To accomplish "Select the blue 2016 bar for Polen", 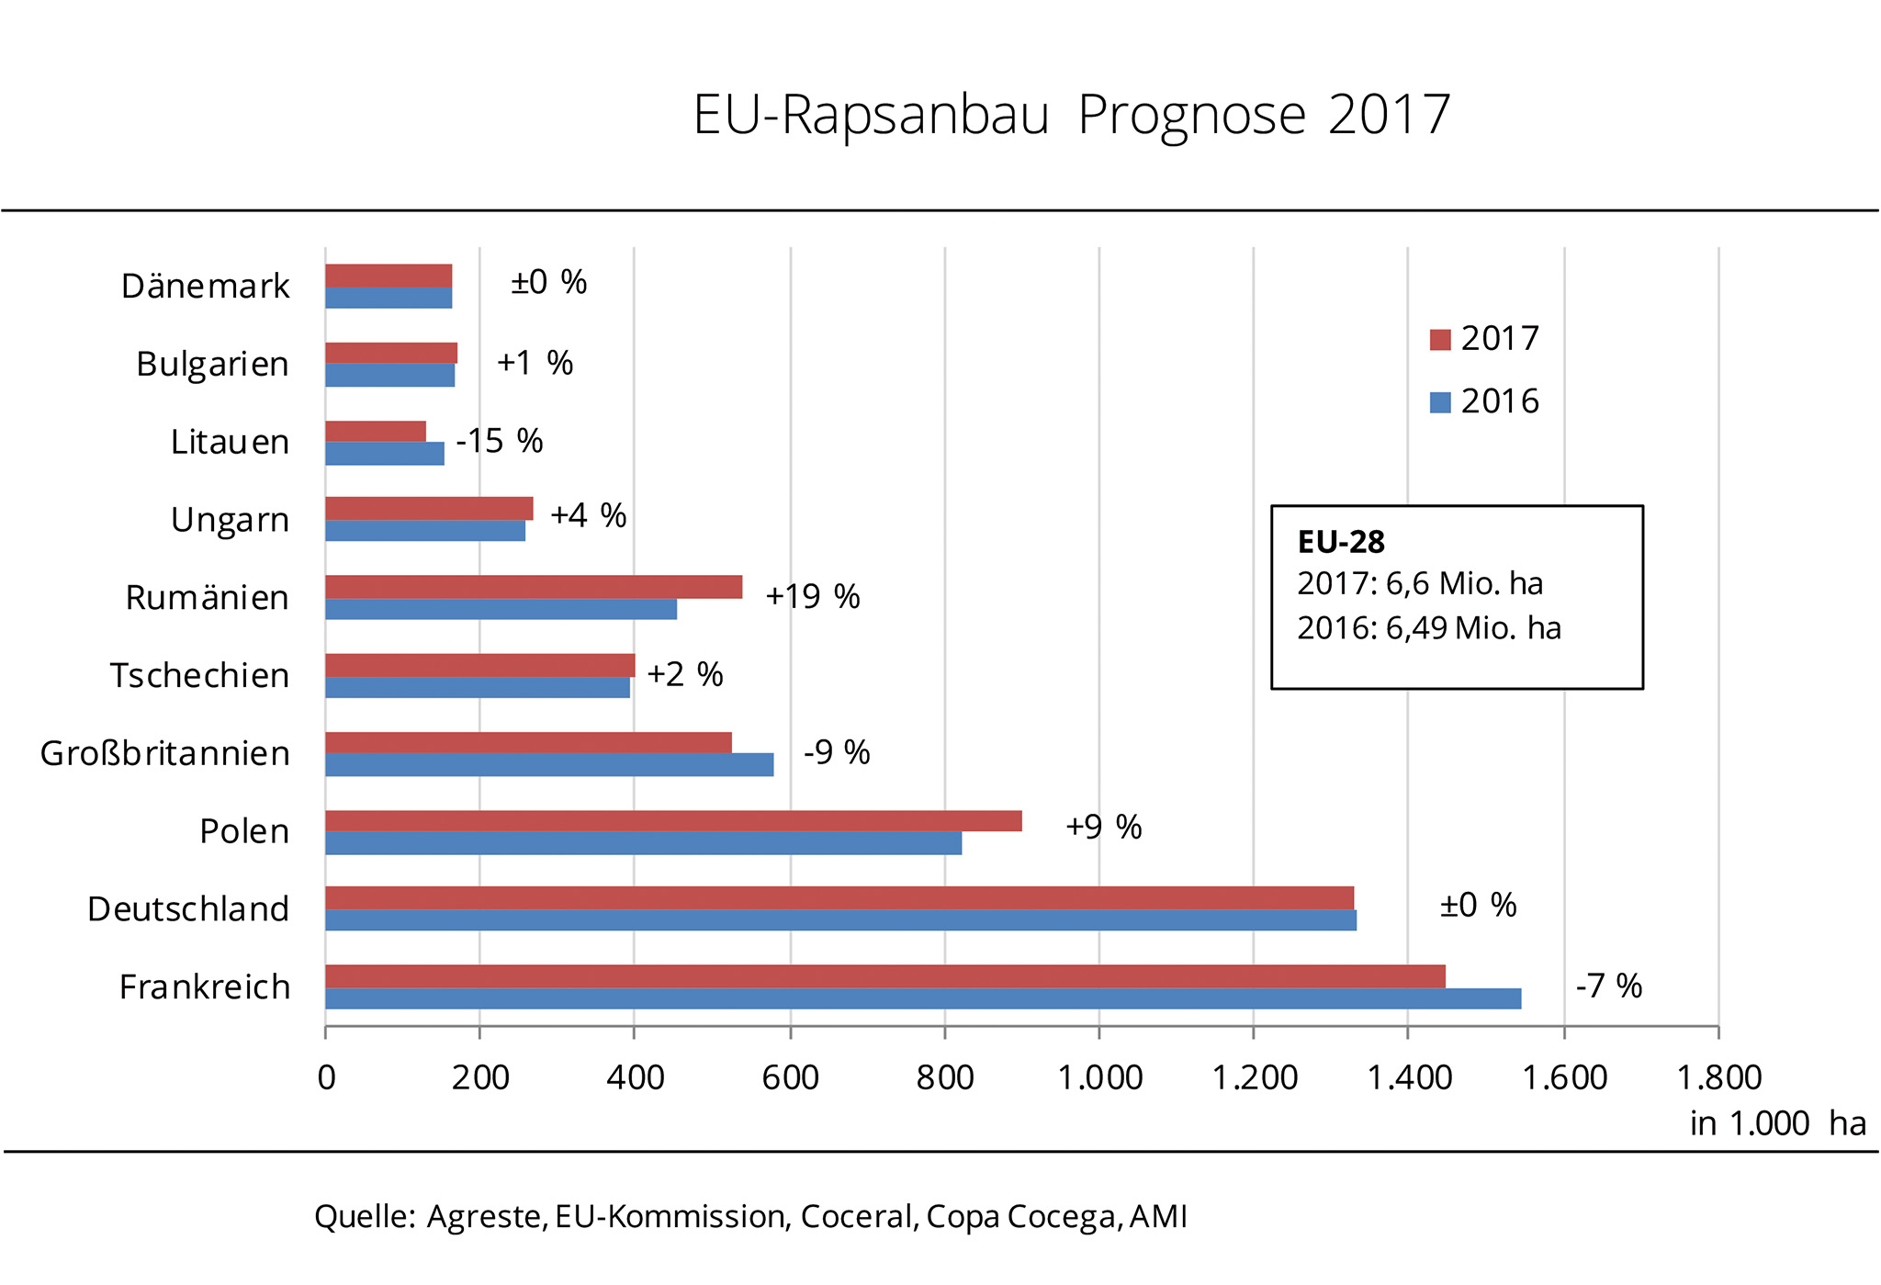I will point(643,843).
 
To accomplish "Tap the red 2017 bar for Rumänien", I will point(534,587).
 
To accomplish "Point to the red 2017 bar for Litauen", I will point(376,431).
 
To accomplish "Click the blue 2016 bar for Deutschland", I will point(840,920).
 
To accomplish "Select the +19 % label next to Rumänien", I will point(813,597).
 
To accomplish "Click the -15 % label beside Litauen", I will point(500,442).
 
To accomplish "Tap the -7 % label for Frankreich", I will point(1608,986).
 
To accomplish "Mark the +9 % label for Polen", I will point(1103,828).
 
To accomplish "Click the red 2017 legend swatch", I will point(1440,340).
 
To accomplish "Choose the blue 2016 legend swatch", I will point(1440,402).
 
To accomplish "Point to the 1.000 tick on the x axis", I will point(1099,1077).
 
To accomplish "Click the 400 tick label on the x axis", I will point(635,1077).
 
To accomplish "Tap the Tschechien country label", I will point(199,676).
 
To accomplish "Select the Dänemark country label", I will point(205,287).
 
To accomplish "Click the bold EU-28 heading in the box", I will point(1340,542).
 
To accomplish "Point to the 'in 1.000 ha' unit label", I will point(1777,1123).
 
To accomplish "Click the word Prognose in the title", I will point(1191,116).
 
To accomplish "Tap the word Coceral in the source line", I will point(858,1217).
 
